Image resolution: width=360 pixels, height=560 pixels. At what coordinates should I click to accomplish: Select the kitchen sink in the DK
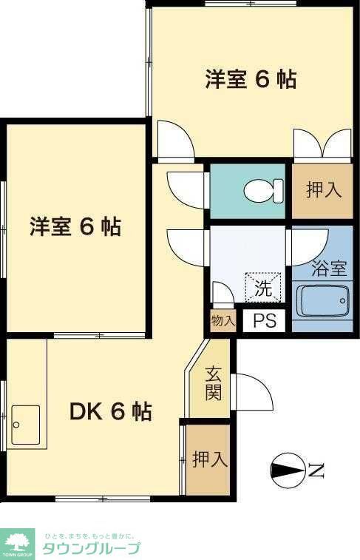pos(26,425)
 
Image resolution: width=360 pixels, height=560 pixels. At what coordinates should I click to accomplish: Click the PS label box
pos(264,322)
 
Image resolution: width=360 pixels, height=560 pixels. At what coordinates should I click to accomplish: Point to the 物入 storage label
pos(222,321)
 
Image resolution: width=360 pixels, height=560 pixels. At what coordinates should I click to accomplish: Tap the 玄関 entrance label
pos(213,382)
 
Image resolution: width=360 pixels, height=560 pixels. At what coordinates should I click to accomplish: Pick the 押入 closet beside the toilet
pos(325,189)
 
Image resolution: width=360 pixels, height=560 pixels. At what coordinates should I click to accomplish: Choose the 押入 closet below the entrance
pos(208,460)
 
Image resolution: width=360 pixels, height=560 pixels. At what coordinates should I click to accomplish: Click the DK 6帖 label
pos(111,411)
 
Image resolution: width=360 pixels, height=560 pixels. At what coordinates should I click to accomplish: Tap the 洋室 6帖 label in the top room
pos(251,79)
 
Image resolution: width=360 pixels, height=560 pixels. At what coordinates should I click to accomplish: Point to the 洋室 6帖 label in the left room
pos(75,226)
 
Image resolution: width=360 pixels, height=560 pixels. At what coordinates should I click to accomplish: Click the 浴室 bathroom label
pos(329,268)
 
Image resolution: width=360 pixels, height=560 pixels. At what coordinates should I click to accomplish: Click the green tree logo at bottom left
pos(17,543)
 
